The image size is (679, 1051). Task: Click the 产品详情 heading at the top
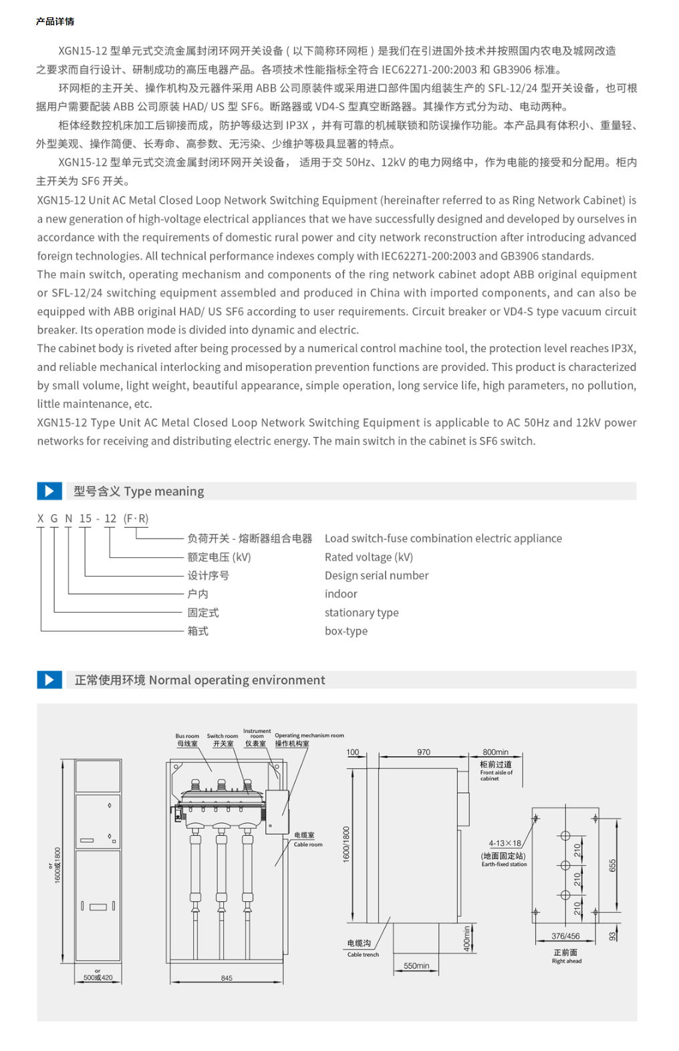point(55,21)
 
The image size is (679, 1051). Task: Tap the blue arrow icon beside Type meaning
point(49,491)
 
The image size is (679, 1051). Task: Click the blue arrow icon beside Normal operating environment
point(49,680)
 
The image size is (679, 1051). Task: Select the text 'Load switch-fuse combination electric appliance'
point(443,539)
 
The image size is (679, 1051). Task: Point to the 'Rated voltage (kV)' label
point(369,557)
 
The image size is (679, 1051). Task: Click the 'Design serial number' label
point(376,575)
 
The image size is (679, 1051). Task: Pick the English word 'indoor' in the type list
point(341,594)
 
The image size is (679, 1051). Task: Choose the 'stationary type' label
point(362,613)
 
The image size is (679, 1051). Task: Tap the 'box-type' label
point(346,631)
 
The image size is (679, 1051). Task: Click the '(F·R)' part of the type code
point(136,518)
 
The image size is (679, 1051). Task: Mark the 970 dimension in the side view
point(424,752)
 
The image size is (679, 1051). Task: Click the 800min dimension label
point(495,752)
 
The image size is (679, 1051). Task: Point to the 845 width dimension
point(227,978)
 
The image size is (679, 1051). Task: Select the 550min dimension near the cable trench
point(416,966)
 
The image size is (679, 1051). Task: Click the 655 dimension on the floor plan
point(612,866)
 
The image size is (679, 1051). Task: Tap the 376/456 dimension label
point(565,936)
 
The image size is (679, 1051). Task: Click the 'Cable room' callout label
point(307,845)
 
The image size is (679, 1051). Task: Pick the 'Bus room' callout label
point(187,736)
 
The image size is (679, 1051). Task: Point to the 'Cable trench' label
point(363,955)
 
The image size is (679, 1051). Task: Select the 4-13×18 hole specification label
point(505,843)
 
